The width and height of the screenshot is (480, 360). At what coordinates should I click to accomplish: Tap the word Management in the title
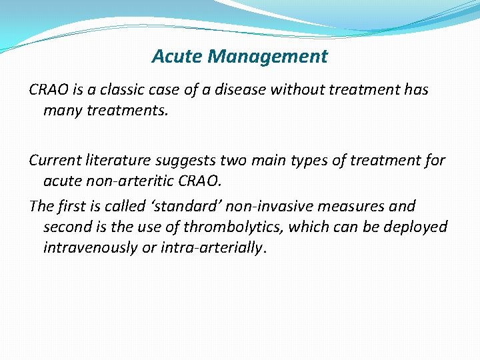click(x=267, y=57)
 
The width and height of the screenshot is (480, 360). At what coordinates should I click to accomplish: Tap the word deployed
click(x=418, y=227)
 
